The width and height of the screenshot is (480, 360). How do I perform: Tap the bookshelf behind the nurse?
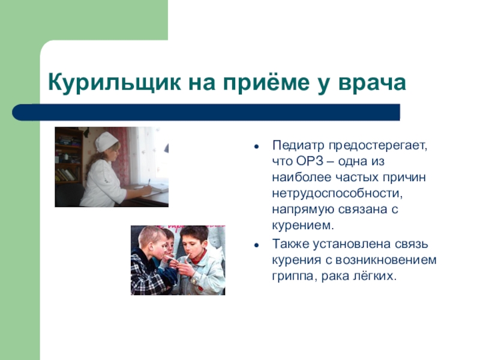click(x=68, y=159)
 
